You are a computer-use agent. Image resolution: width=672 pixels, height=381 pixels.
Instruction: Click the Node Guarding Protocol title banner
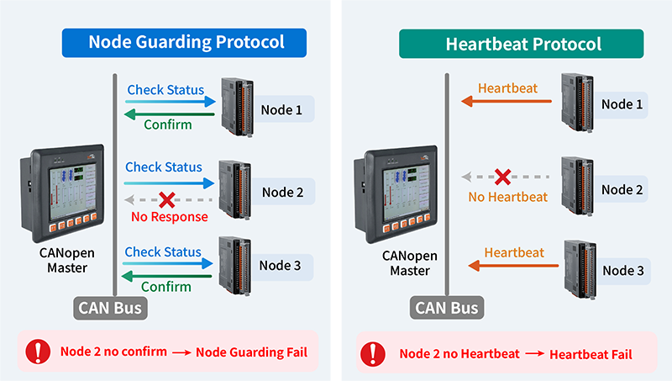184,43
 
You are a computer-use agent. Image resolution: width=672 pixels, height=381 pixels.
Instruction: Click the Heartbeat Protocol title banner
521,44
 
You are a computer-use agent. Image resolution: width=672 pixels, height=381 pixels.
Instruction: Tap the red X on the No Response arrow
166,200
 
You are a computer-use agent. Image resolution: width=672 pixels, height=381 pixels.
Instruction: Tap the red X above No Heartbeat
502,177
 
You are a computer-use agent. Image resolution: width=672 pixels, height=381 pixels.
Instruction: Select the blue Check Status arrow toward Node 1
171,102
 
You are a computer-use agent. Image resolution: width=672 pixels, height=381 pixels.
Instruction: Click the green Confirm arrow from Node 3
167,276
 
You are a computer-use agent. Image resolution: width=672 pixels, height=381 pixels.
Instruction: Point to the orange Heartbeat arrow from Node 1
507,101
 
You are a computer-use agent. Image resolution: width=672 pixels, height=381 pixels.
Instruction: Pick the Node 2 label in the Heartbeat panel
622,189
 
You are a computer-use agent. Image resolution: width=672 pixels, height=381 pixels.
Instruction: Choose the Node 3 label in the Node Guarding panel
280,266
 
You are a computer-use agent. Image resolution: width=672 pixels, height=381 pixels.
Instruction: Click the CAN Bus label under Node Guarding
110,308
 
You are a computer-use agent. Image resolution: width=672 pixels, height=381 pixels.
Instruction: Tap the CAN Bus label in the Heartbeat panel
447,308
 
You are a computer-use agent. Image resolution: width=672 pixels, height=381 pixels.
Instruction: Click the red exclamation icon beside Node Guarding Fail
38,352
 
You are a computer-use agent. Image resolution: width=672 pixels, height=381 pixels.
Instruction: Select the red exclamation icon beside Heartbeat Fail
373,354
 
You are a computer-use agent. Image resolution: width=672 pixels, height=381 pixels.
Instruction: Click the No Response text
170,217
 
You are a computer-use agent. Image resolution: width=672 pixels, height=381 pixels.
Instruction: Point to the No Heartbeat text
508,197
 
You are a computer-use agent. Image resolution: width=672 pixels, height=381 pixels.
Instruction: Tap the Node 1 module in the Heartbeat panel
578,103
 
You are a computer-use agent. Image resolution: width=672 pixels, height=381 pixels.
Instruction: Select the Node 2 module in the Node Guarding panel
235,190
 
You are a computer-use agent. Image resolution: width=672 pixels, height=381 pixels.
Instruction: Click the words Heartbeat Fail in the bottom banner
591,355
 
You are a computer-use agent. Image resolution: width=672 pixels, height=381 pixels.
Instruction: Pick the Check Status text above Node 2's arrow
163,167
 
